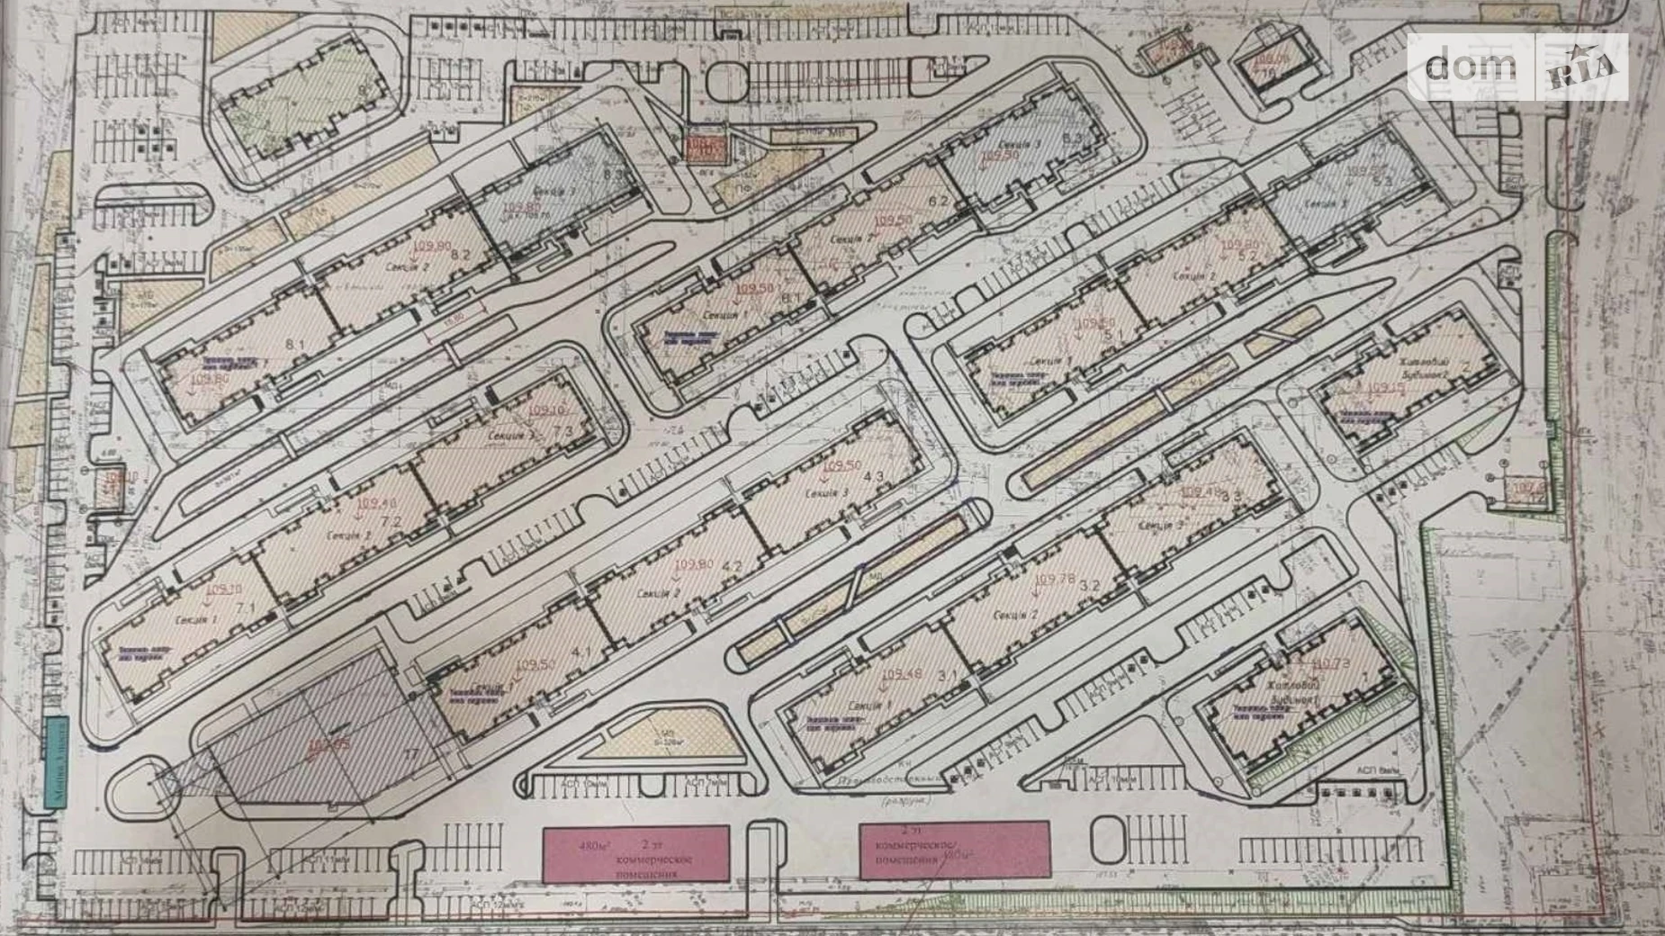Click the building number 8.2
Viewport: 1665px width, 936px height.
(461, 255)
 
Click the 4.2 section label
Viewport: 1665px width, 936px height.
(731, 567)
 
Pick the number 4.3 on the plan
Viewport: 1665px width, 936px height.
(873, 476)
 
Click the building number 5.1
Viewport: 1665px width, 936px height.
(1113, 334)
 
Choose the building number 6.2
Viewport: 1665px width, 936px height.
(940, 202)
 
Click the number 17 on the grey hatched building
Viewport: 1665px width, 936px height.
(411, 754)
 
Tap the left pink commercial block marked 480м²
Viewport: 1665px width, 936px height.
(635, 853)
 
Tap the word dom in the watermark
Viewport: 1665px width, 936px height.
(1471, 66)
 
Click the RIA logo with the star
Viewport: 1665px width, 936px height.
(1582, 67)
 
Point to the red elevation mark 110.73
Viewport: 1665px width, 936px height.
(1330, 665)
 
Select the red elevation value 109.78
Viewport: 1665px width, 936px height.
(1055, 580)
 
